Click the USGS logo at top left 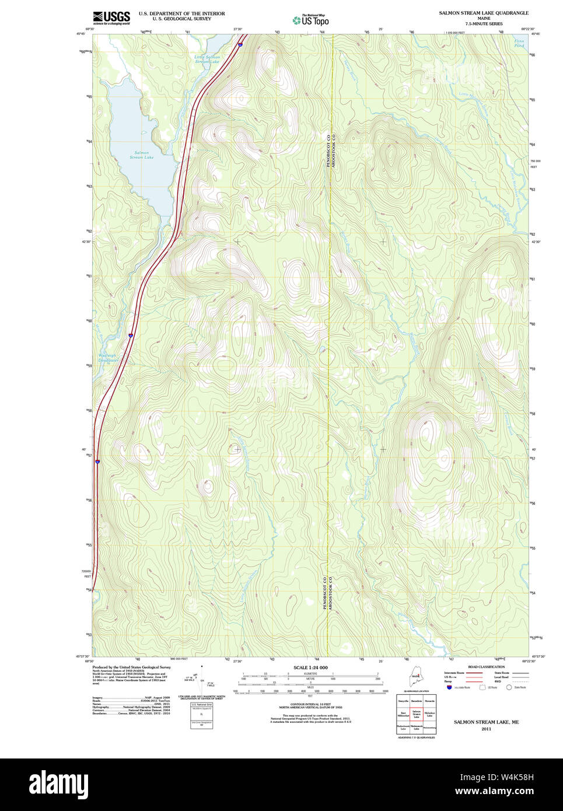coord(111,17)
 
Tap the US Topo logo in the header coord(310,20)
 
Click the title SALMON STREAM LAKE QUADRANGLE coord(484,13)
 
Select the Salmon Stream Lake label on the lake coord(141,155)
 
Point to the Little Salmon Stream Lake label coord(208,59)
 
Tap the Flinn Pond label coord(519,43)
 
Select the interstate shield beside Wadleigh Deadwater coord(131,335)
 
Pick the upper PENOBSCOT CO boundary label coord(328,149)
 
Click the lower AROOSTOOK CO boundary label coord(330,593)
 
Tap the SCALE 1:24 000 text coord(310,667)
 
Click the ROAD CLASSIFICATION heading coord(486,667)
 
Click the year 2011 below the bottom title coord(486,729)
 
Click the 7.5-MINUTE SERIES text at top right coord(484,24)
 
